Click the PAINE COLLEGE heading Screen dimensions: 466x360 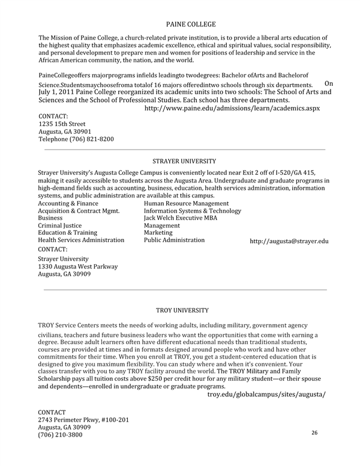[x=190, y=25]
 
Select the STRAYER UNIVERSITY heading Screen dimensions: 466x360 [x=184, y=161]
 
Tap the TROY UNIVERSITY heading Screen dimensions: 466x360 [x=182, y=310]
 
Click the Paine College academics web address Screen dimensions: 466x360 [x=232, y=108]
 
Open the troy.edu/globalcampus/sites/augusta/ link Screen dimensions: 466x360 [x=266, y=395]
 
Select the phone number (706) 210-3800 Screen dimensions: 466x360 [x=60, y=435]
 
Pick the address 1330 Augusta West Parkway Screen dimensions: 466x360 [x=78, y=267]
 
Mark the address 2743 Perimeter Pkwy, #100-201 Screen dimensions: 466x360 [x=83, y=420]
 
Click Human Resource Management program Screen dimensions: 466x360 [x=186, y=204]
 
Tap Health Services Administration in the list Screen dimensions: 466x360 [x=81, y=240]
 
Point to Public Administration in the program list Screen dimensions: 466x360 [x=174, y=240]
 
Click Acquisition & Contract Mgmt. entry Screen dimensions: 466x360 [x=79, y=211]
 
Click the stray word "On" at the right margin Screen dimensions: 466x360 [x=329, y=83]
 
